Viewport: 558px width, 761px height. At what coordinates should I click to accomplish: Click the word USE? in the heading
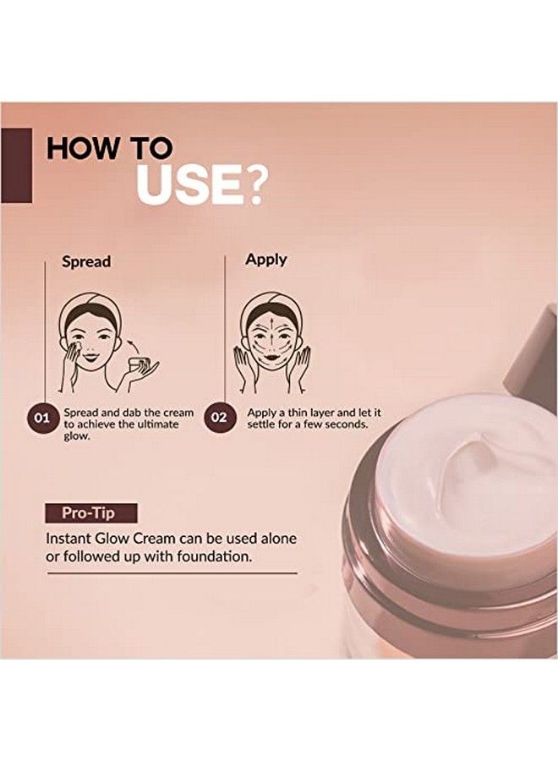pyautogui.click(x=201, y=185)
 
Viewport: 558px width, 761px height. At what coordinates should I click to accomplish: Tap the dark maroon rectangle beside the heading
pyautogui.click(x=16, y=165)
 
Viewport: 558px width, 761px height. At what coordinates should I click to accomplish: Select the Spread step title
pyautogui.click(x=86, y=261)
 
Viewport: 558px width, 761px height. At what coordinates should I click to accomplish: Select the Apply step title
pyautogui.click(x=266, y=260)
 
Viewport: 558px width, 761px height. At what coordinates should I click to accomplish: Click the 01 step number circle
pyautogui.click(x=42, y=418)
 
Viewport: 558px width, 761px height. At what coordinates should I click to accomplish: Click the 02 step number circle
pyautogui.click(x=219, y=418)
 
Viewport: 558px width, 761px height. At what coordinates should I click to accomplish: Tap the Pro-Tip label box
pyautogui.click(x=91, y=512)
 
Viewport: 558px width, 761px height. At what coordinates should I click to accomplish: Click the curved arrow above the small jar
pyautogui.click(x=133, y=347)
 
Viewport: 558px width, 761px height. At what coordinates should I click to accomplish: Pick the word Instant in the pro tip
pyautogui.click(x=66, y=539)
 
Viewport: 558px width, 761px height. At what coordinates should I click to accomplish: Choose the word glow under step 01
pyautogui.click(x=77, y=436)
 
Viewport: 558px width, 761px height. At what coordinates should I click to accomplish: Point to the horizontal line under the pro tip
pyautogui.click(x=172, y=573)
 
